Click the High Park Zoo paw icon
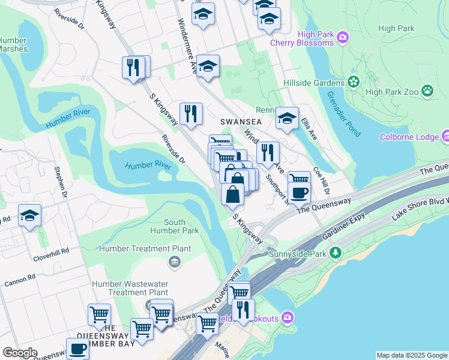pos(427,91)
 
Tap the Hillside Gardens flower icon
pos(353,82)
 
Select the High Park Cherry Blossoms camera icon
pos(343,38)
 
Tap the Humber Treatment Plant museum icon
pos(174,260)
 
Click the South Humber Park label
pos(174,226)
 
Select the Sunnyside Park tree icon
pos(337,253)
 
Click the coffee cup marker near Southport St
pos(300,192)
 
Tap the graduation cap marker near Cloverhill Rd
pos(29,217)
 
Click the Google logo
pos(20,353)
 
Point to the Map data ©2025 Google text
pos(412,355)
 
